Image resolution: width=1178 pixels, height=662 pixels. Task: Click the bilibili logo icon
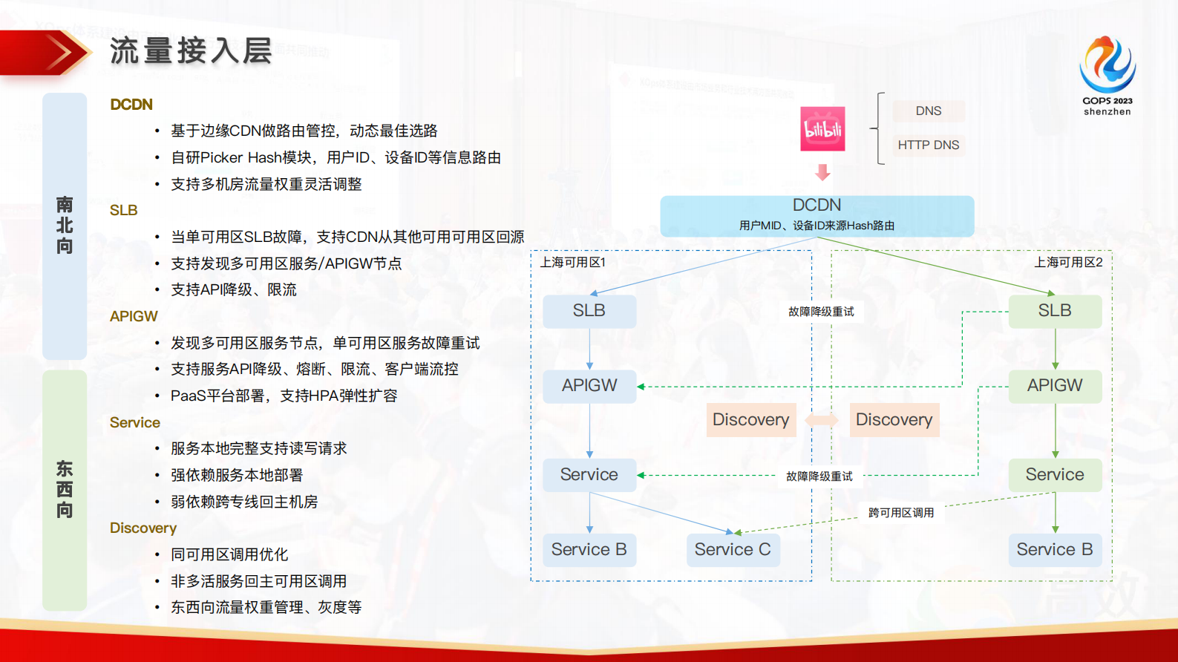[x=822, y=129]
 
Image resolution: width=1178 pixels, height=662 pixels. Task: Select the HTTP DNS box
[x=928, y=145]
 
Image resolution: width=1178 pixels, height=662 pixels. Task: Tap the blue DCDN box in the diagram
[x=817, y=215]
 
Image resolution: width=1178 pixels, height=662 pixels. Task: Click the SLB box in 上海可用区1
[x=589, y=311]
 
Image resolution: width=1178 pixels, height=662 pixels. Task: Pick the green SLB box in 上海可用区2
[x=1054, y=311]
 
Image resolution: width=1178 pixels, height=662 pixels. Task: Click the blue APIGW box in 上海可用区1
[x=589, y=386]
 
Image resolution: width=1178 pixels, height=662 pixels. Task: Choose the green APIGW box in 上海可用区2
[x=1054, y=386]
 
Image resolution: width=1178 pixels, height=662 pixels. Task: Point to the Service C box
[x=733, y=550]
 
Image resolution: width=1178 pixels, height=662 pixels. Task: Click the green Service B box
[x=1054, y=550]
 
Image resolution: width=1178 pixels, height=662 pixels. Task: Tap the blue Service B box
[x=589, y=550]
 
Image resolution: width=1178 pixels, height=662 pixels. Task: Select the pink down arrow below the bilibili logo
[x=822, y=172]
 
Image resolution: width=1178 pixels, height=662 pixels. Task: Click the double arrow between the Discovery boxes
[x=822, y=420]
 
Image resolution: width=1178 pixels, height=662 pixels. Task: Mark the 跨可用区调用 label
[x=901, y=513]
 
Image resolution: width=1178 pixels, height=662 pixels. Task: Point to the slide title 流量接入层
[x=191, y=51]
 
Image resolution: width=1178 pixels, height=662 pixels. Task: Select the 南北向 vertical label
[x=65, y=226]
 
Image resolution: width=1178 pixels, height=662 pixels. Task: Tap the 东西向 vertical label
[x=65, y=490]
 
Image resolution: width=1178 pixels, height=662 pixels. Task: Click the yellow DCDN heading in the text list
[x=131, y=105]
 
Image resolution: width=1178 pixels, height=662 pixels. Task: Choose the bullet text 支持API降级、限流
[x=234, y=290]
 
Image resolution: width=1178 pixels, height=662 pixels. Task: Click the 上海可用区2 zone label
[x=1068, y=263]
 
